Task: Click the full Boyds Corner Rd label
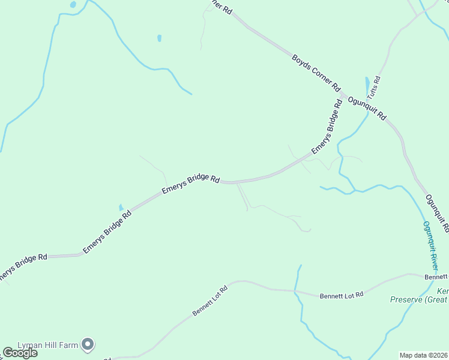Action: coord(316,73)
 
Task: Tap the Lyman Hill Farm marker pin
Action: coord(88,344)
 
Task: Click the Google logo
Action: coord(20,353)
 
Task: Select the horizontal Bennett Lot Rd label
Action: coord(342,295)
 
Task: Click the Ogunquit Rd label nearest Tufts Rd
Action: coord(366,106)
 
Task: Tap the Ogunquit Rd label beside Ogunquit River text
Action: coord(436,213)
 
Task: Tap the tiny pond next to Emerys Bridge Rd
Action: coord(121,207)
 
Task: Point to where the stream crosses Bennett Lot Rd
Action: coord(295,292)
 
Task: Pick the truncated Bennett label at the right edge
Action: coord(436,277)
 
